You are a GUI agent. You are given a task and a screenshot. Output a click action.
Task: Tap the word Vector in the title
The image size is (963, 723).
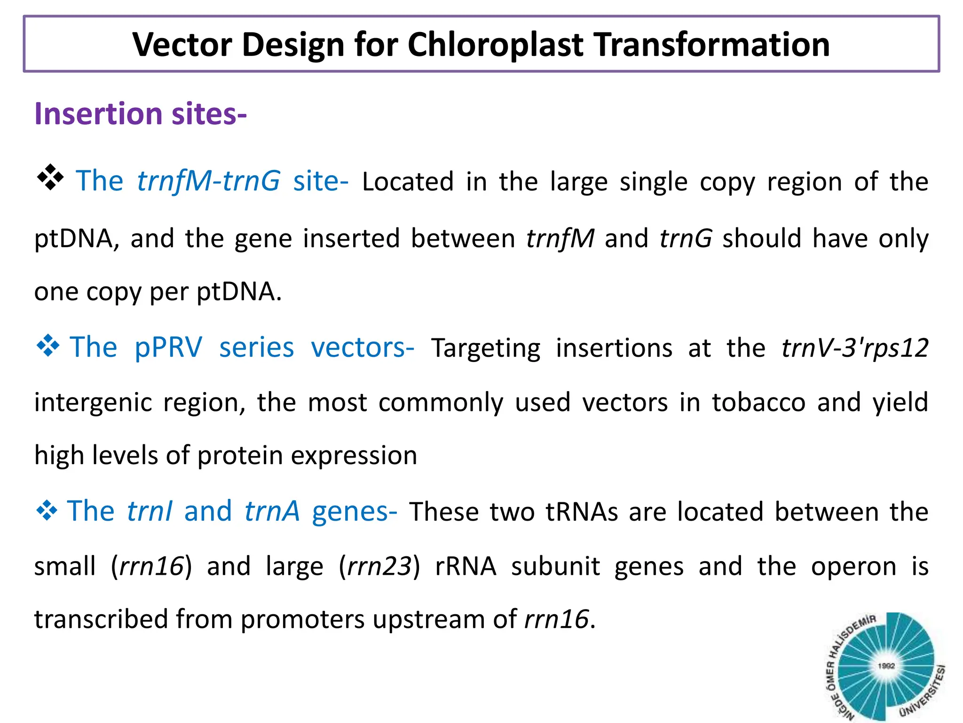(x=182, y=45)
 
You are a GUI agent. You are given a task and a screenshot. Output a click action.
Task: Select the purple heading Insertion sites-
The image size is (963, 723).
(x=140, y=114)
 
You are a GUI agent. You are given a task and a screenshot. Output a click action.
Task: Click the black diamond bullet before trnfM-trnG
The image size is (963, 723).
(x=50, y=178)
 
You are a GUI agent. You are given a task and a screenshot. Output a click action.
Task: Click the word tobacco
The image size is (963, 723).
(x=758, y=402)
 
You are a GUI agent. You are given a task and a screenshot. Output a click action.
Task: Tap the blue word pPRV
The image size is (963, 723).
(x=168, y=347)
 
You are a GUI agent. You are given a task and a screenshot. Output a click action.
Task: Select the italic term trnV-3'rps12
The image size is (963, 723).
(x=854, y=348)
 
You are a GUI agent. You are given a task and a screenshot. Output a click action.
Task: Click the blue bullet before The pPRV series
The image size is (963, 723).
(x=48, y=346)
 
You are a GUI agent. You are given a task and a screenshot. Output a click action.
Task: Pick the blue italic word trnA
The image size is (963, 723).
(x=272, y=511)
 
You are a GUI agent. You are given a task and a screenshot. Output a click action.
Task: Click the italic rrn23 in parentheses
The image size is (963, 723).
(x=379, y=566)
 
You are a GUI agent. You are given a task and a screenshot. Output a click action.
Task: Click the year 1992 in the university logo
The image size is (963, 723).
(x=886, y=666)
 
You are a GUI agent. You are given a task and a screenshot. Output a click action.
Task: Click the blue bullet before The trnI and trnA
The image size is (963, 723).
(x=47, y=510)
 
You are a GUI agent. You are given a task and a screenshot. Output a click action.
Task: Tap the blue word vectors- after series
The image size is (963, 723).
(x=363, y=347)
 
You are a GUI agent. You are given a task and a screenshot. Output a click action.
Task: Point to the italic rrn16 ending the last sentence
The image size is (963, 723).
(x=556, y=619)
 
